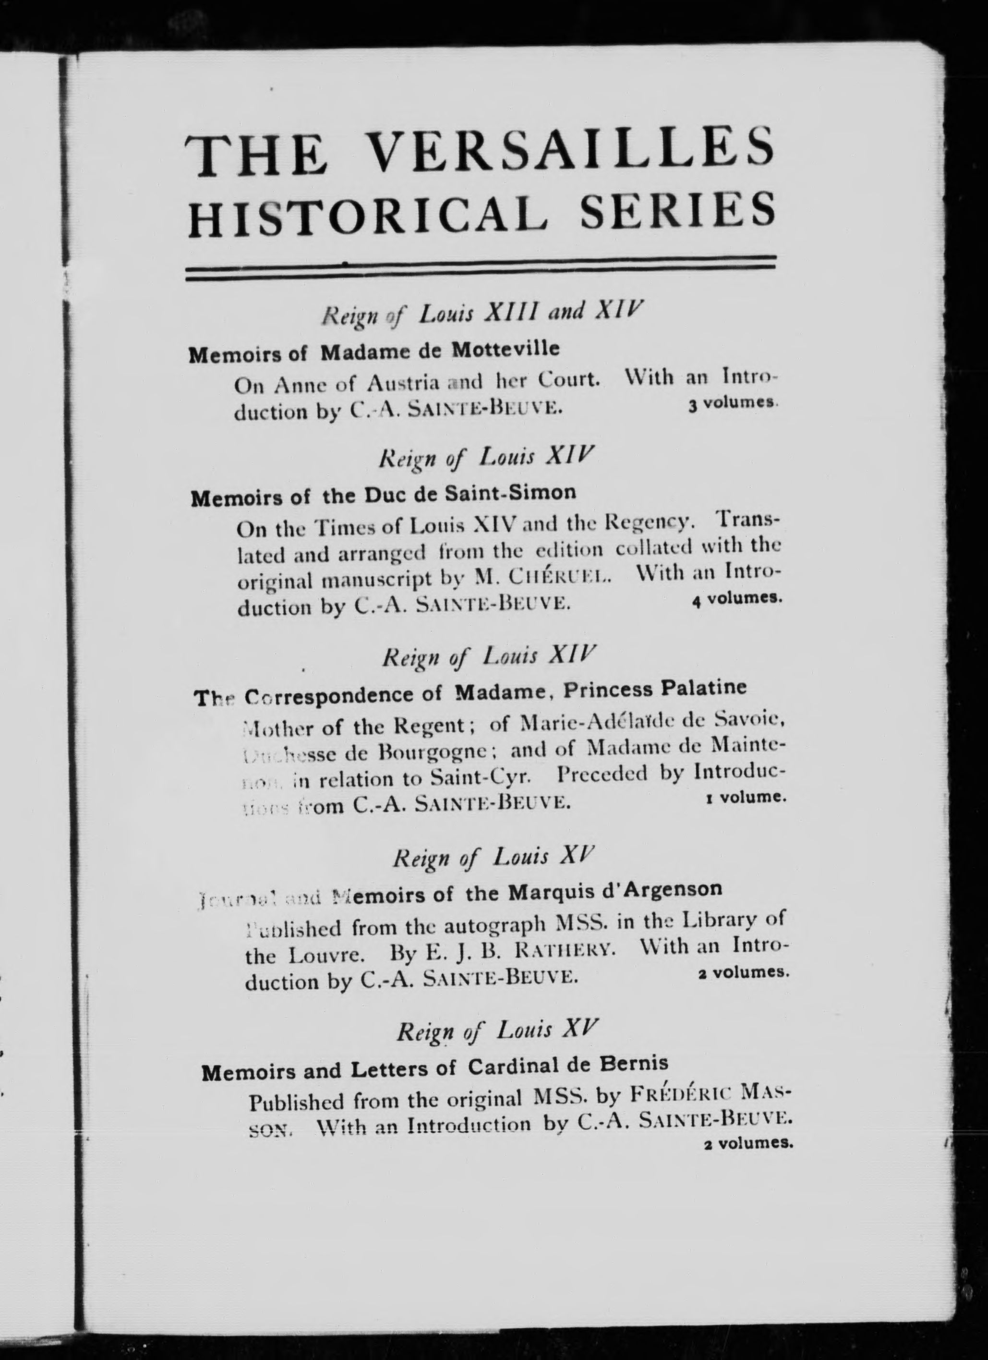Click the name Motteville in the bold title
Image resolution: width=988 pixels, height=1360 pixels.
505,350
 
